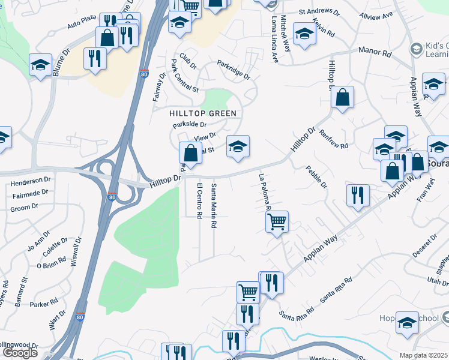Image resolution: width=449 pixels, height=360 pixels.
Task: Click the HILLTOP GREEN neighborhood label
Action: [202, 113]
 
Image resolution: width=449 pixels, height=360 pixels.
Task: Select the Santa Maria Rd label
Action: [214, 206]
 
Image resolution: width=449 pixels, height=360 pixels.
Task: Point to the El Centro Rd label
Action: [199, 200]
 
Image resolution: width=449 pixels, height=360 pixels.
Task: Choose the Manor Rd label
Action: [375, 53]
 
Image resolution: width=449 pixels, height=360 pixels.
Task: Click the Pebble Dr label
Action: [316, 177]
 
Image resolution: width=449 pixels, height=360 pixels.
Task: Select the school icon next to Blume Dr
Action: [40, 65]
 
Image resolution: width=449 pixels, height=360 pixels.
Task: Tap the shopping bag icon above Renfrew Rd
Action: [342, 98]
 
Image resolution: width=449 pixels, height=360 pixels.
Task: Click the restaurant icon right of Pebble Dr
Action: [357, 195]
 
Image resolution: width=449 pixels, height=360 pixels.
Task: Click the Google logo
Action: [19, 353]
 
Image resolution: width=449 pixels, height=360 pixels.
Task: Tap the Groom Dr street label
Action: [25, 208]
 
